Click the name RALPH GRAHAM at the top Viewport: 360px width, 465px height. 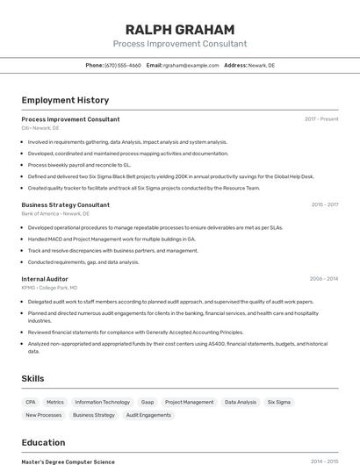180,29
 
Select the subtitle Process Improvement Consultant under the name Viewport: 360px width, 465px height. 180,44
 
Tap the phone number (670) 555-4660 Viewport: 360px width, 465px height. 122,65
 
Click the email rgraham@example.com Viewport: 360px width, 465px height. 191,65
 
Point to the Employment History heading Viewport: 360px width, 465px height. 65,100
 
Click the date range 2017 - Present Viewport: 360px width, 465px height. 321,118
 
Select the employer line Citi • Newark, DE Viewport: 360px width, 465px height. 40,128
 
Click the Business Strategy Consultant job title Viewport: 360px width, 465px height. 65,204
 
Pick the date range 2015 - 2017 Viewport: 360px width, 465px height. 324,204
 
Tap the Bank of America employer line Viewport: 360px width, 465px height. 54,213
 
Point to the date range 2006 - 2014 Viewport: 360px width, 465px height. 323,279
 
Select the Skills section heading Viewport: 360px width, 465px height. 33,378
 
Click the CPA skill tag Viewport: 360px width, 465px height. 31,402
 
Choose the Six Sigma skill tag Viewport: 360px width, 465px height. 278,402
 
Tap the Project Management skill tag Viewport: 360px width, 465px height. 189,402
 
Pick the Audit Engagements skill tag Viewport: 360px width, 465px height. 148,415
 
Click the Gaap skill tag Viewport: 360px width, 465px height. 148,402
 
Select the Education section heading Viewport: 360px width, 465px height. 43,442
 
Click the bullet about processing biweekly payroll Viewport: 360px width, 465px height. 79,164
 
